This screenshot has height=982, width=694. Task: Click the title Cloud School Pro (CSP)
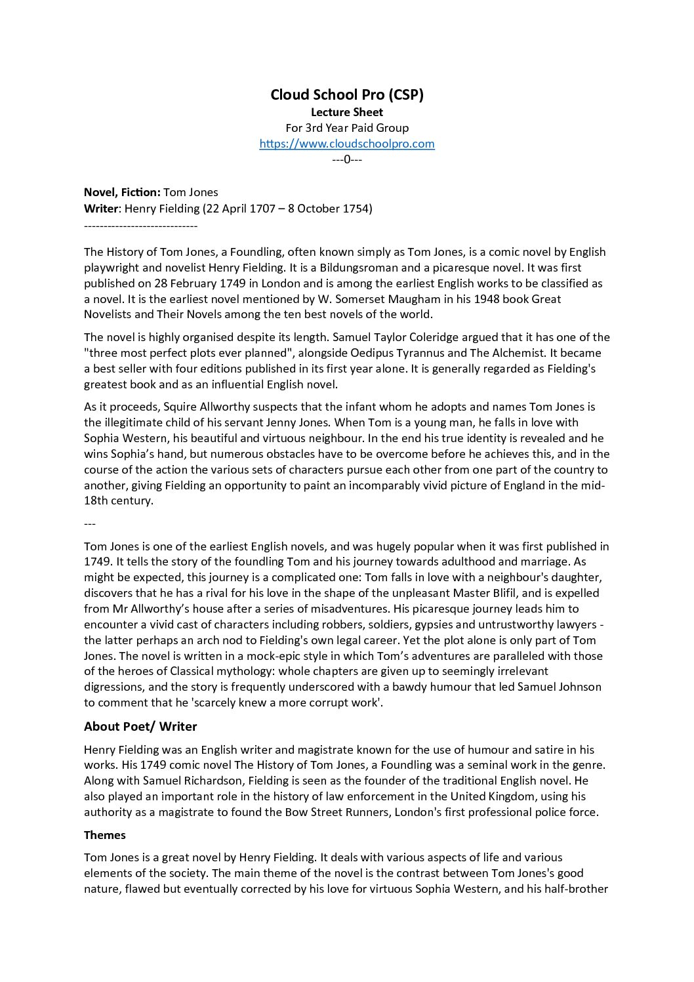pos(347,94)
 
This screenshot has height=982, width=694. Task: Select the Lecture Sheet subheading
pos(347,112)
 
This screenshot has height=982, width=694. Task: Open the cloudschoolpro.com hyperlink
pos(347,144)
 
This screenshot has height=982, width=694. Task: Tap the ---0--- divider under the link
pos(347,159)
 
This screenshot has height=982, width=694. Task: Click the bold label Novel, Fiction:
pos(122,192)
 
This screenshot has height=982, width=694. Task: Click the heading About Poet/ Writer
pos(140,726)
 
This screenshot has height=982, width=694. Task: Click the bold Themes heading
pos(105,835)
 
